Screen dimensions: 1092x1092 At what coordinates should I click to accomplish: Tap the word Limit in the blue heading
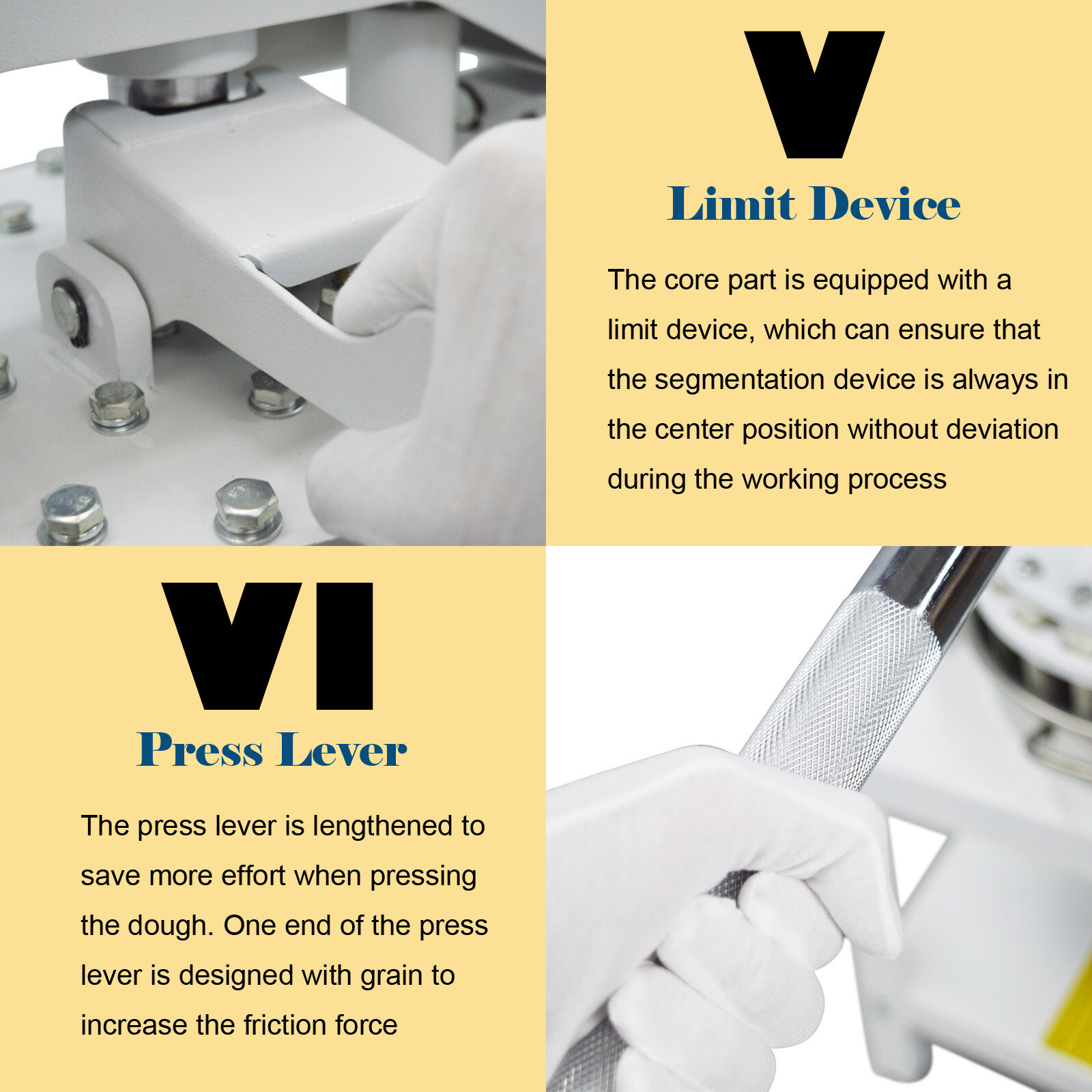point(731,203)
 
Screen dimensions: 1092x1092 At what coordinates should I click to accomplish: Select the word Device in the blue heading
point(885,203)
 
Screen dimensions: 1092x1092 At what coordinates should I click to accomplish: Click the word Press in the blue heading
point(200,749)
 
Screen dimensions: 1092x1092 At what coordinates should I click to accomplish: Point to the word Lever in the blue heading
point(343,749)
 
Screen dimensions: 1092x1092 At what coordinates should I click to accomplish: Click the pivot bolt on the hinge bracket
point(67,311)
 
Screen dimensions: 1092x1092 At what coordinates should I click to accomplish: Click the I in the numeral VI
point(345,646)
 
